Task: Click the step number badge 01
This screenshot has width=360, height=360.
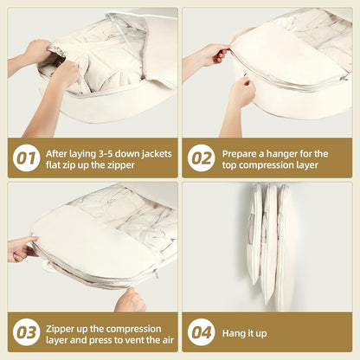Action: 26,158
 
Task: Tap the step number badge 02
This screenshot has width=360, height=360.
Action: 202,158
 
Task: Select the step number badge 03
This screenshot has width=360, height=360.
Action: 26,332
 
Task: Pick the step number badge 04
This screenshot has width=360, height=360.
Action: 202,332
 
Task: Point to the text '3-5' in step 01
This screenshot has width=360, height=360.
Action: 105,154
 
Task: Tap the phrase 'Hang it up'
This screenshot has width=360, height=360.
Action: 244,333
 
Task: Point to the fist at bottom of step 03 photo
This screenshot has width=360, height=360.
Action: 131,300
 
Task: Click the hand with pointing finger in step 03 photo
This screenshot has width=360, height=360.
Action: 22,249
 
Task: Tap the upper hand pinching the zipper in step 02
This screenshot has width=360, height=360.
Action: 215,56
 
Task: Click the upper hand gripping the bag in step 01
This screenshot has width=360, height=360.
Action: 37,51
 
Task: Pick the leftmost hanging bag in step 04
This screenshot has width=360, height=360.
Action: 255,235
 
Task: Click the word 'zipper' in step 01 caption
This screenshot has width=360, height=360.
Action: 121,165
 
